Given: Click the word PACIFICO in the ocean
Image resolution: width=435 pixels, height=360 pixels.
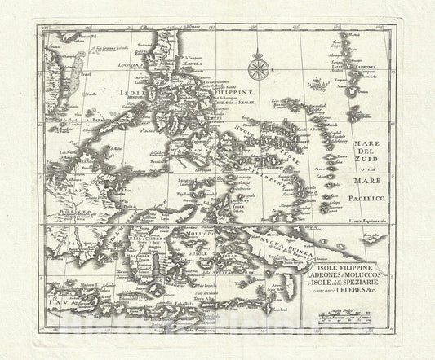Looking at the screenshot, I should coord(375,197).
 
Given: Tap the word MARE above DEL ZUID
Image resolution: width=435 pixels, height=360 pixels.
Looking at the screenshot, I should coord(375,138).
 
